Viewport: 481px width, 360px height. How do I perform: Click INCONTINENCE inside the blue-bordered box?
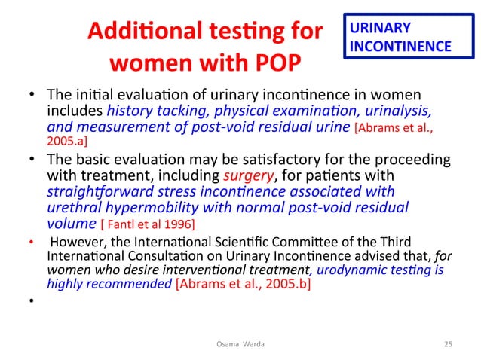(400, 46)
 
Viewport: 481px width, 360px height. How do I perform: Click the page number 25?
(448, 344)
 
